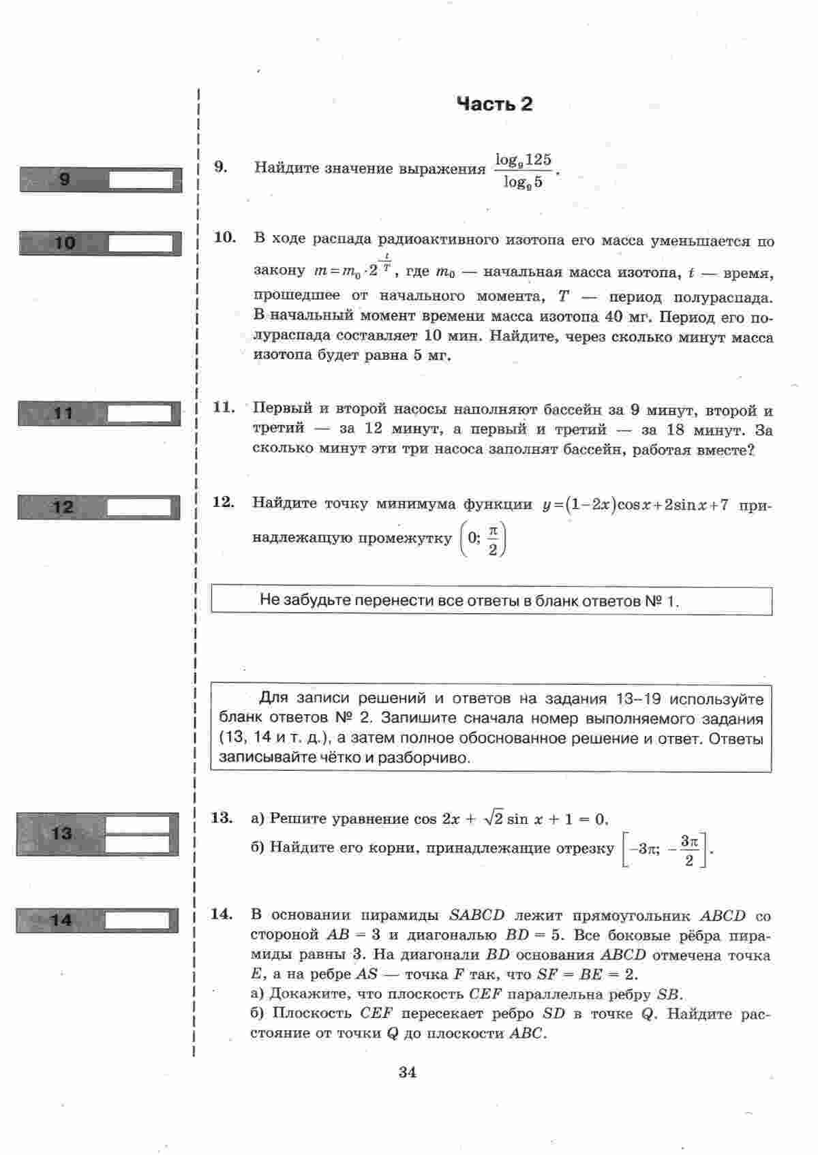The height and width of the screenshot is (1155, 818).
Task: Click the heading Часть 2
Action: coord(494,104)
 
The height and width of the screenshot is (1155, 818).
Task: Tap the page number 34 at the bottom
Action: coord(407,1072)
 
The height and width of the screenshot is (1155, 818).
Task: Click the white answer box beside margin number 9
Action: coord(141,180)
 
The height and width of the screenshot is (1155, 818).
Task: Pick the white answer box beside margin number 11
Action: coord(140,414)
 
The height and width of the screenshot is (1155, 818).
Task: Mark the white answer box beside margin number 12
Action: coord(139,507)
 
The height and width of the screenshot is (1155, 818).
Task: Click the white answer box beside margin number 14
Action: coord(137,921)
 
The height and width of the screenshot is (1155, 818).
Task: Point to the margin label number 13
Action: coord(61,833)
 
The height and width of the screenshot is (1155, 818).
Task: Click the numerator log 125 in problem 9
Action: coord(523,160)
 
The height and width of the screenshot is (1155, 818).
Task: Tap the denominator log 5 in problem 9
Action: coord(523,183)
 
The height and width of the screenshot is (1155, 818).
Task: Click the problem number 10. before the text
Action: coord(224,238)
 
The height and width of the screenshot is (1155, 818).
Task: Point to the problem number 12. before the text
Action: coord(223,503)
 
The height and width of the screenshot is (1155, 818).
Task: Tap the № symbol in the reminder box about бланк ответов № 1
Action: coord(652,601)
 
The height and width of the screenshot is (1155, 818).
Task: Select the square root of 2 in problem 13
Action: coord(494,818)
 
